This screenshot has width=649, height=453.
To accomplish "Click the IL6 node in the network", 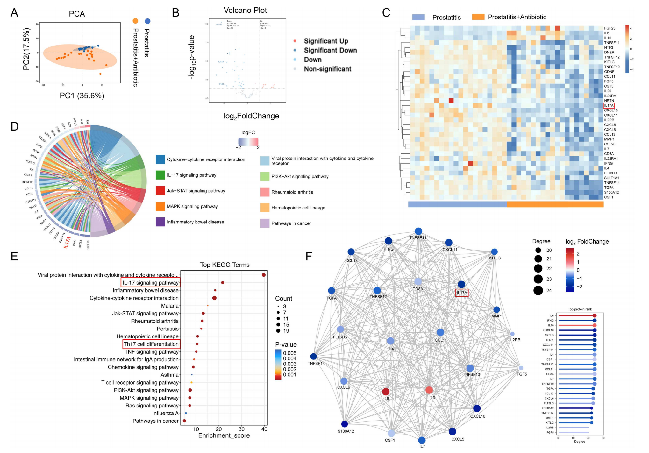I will click(x=386, y=391).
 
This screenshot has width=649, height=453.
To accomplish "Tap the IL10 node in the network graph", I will click(x=429, y=390).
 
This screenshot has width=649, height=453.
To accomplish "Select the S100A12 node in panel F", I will click(x=344, y=424).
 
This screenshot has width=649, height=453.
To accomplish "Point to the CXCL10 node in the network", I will click(x=477, y=408).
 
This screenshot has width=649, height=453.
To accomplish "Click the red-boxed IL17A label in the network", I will click(x=462, y=293).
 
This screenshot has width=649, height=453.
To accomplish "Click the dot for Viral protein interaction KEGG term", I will click(x=264, y=275).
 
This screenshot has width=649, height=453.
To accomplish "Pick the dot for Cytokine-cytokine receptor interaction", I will click(x=214, y=298).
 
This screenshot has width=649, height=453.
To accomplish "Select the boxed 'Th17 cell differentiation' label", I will click(x=151, y=344).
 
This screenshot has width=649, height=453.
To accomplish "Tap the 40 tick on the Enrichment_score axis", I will click(x=264, y=429).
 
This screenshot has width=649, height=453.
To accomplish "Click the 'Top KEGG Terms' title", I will click(x=225, y=265).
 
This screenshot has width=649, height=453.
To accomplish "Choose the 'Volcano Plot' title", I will click(x=245, y=10).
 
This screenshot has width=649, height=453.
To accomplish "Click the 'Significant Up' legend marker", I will click(x=295, y=41).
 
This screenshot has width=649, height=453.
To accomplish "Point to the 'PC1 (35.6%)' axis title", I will click(x=82, y=96).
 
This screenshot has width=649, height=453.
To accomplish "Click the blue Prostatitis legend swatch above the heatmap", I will click(x=418, y=17).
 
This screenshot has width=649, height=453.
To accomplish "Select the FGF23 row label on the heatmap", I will click(x=610, y=28).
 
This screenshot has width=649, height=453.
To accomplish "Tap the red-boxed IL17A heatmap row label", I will click(x=609, y=105).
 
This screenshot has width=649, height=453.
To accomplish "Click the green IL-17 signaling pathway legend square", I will click(x=160, y=175).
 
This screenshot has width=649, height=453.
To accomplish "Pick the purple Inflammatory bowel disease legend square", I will click(x=160, y=222).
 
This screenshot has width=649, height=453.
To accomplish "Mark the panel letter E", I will click(x=14, y=256).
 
